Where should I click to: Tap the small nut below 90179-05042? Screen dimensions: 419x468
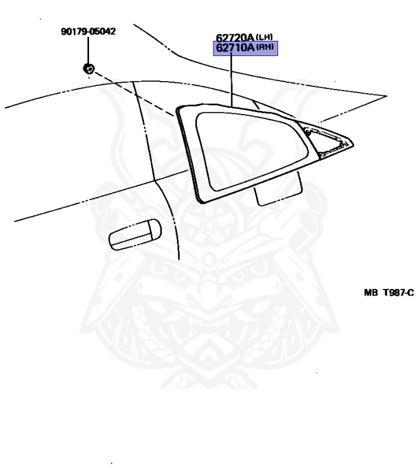pyautogui.click(x=88, y=68)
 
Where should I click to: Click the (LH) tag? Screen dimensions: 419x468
pyautogui.click(x=265, y=37)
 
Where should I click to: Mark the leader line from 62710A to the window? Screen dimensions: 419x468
pyautogui.click(x=232, y=79)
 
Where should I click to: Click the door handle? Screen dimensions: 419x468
pyautogui.click(x=134, y=233)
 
